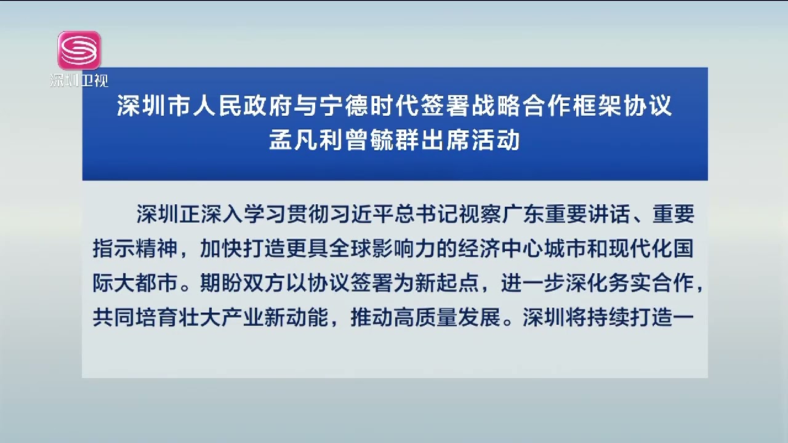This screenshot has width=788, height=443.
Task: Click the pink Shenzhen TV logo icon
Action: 79,50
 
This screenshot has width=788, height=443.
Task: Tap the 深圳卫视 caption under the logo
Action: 79,81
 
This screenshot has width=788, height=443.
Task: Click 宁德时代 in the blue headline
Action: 369,105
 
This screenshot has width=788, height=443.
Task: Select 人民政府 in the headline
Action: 243,105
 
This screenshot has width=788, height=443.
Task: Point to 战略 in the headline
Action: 496,105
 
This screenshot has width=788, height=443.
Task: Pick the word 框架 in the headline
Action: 597,105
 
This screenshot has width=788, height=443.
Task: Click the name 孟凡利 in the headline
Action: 306,140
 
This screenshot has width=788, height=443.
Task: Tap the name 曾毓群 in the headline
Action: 382,140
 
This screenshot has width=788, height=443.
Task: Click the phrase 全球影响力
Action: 383,249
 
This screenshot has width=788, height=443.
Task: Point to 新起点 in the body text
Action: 448,283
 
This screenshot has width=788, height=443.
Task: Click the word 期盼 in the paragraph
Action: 222,283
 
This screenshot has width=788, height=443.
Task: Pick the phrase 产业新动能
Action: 275,317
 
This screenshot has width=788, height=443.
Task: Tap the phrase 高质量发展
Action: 448,317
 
